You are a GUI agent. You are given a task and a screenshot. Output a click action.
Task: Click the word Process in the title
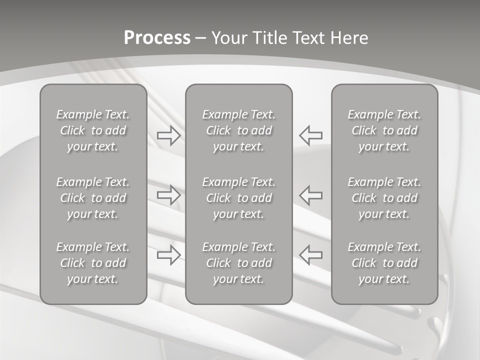[157, 38]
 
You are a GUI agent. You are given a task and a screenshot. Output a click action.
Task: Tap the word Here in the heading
[350, 38]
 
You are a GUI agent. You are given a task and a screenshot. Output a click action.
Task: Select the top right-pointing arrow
[168, 135]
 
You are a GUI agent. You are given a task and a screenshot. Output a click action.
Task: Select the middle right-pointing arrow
[168, 194]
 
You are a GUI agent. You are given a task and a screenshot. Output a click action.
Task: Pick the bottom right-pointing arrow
[168, 255]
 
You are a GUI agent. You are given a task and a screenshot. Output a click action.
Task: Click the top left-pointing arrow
[311, 135]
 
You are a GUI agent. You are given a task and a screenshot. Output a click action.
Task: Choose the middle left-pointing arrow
[311, 194]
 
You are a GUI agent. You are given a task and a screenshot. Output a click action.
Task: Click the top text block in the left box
[93, 130]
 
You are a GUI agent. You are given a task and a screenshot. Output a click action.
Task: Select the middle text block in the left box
[93, 198]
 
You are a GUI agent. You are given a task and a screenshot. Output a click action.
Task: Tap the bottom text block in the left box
[93, 263]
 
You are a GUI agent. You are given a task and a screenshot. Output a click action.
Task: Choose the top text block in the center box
[238, 130]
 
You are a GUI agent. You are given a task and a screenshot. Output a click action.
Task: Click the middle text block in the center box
[238, 198]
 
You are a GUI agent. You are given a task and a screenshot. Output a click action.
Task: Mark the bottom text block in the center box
[238, 263]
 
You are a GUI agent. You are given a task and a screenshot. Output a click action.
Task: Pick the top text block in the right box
[384, 130]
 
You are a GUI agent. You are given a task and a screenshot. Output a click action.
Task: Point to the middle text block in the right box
[384, 198]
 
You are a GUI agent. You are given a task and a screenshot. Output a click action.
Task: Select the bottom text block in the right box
[384, 263]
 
